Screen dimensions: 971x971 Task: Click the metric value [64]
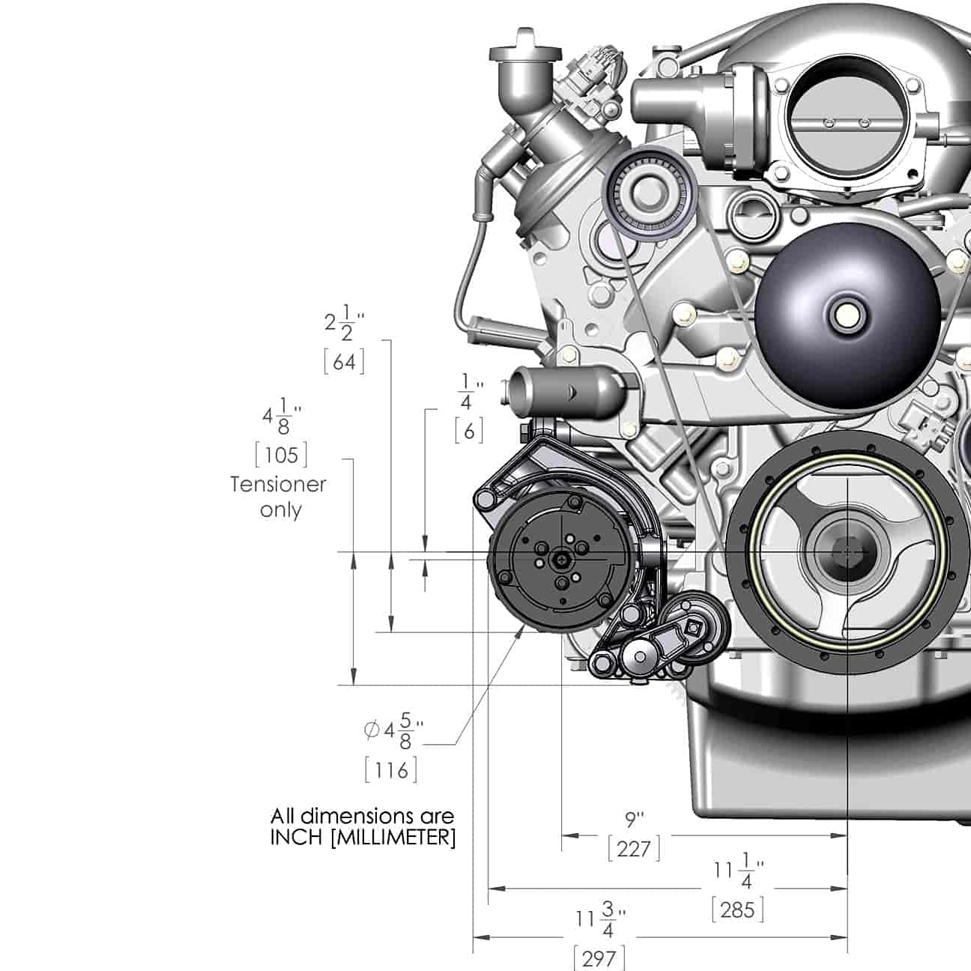344,363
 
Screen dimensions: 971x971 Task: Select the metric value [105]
281,456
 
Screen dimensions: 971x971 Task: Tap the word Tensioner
278,485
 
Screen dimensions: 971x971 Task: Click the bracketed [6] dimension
469,432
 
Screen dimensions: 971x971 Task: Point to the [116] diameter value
391,770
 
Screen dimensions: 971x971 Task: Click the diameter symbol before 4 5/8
371,730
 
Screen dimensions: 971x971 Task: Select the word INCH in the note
296,838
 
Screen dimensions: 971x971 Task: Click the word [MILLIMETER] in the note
393,838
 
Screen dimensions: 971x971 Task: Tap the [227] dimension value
634,850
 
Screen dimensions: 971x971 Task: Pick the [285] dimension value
738,910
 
